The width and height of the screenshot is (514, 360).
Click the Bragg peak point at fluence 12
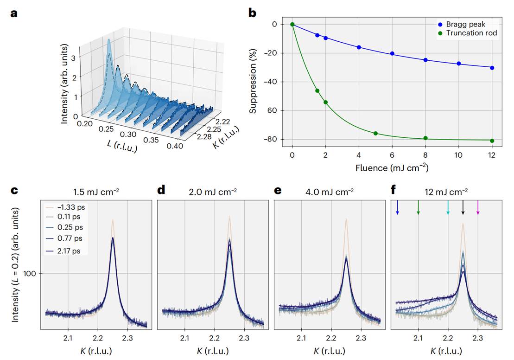coord(492,68)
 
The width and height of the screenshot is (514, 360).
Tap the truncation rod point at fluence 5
coord(375,134)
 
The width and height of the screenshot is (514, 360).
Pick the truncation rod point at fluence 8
coord(425,138)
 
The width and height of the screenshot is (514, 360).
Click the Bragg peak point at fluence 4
coord(359,47)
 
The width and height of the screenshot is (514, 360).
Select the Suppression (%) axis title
coord(253,82)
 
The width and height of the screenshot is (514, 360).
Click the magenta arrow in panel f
coord(478,207)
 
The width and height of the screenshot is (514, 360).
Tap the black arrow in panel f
coord(463,207)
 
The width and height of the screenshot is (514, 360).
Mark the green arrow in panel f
coord(419,207)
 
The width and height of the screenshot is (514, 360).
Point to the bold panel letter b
coord(252,13)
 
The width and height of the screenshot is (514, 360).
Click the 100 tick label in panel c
coord(32,274)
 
